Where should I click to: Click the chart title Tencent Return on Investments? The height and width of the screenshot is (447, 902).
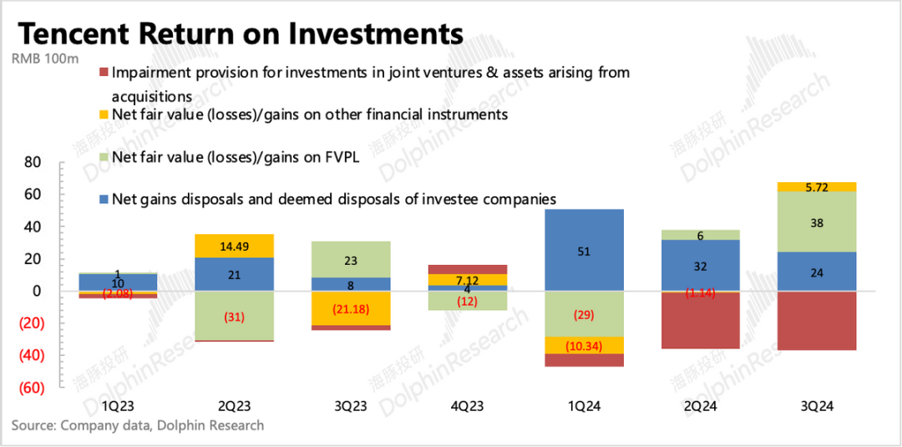[x=241, y=33]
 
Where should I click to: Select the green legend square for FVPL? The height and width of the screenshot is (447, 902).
[x=103, y=156]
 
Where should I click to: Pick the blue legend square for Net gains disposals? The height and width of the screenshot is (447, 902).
[x=103, y=199]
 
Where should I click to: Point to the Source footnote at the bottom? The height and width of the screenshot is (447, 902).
[x=138, y=425]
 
